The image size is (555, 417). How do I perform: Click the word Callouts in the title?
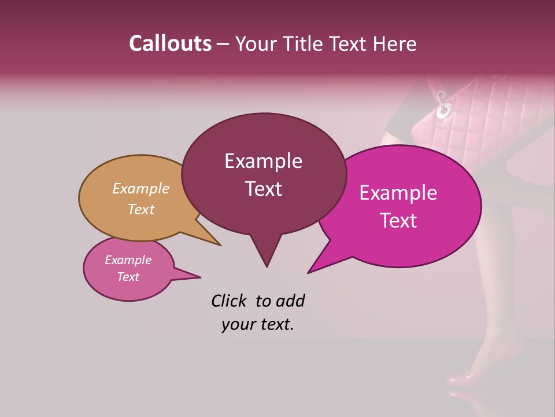click(x=170, y=43)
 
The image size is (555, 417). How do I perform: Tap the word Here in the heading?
click(x=395, y=43)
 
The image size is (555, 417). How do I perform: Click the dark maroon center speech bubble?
click(x=264, y=174)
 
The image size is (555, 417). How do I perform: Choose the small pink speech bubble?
click(x=128, y=269)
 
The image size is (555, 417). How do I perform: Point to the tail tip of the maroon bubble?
click(x=267, y=266)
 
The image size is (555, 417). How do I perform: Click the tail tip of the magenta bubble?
click(x=308, y=272)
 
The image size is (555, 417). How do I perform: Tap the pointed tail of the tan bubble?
click(x=220, y=245)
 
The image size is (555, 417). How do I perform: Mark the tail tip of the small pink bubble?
click(x=200, y=277)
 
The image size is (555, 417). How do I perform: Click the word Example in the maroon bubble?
click(x=264, y=161)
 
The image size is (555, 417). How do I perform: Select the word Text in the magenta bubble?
click(x=399, y=221)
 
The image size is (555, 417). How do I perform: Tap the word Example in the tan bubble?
click(x=141, y=188)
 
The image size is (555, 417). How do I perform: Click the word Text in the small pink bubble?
click(x=128, y=277)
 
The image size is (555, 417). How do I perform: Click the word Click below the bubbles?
click(x=230, y=301)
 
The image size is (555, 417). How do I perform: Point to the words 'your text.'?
click(x=258, y=324)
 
